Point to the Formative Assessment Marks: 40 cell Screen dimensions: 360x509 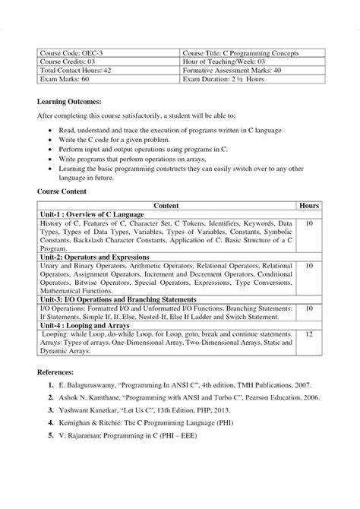click(242, 70)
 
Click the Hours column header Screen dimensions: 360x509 click(309, 206)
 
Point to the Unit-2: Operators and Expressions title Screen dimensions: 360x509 click(93, 257)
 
